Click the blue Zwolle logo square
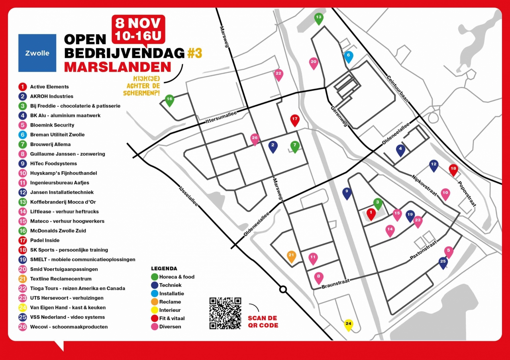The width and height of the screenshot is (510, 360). (x=37, y=53)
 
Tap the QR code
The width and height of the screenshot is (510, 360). (x=225, y=313)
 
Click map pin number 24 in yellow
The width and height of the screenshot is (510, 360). (x=349, y=324)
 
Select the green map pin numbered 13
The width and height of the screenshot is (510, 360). (x=318, y=18)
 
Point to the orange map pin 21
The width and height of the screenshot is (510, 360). (x=291, y=256)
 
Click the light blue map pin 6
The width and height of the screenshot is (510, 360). (x=348, y=56)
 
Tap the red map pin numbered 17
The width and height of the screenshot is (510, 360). (x=294, y=119)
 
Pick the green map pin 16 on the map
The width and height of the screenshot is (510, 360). (x=169, y=100)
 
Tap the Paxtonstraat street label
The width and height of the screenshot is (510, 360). (x=424, y=251)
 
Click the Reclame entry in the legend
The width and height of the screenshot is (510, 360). (x=170, y=302)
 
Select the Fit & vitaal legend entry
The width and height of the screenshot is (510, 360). (x=172, y=318)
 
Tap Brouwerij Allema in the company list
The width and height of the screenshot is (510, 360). (x=50, y=144)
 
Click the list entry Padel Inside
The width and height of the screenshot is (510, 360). (x=45, y=240)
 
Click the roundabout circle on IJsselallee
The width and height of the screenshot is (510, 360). (x=283, y=290)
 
